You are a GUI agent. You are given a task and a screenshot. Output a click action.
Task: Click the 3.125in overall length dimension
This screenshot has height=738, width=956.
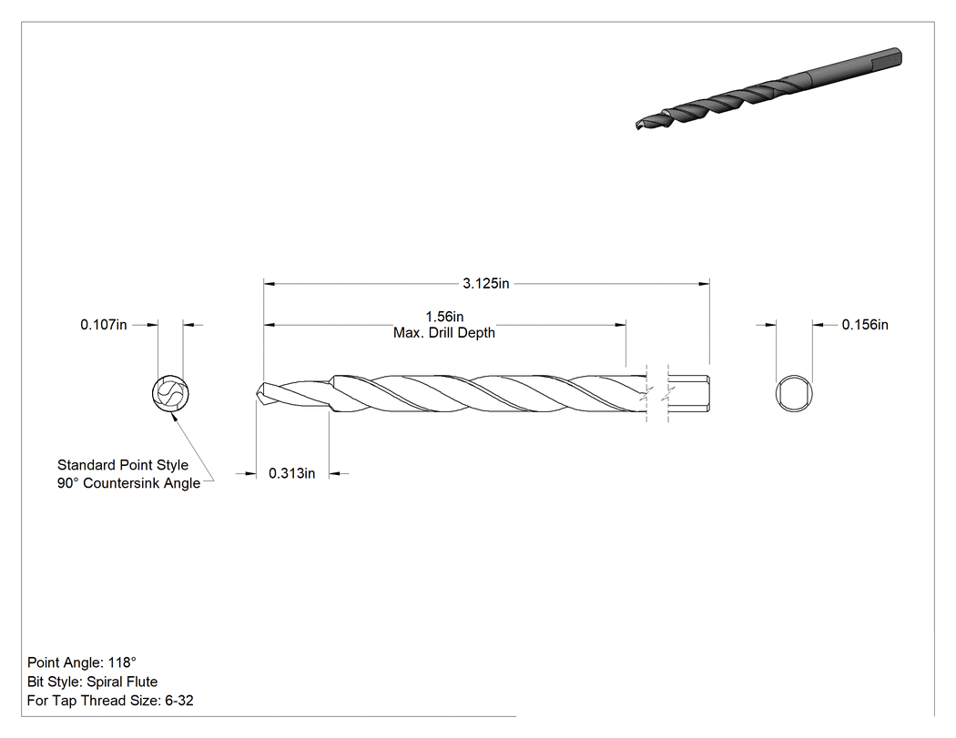click(x=485, y=283)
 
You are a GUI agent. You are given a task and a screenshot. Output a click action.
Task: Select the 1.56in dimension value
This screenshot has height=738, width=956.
click(x=444, y=317)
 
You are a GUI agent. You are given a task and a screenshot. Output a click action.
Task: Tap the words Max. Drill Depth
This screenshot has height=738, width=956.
click(x=444, y=333)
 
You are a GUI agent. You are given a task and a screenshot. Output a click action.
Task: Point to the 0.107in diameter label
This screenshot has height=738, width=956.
click(x=104, y=325)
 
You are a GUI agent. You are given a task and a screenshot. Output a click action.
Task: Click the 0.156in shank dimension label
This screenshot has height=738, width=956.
click(x=865, y=325)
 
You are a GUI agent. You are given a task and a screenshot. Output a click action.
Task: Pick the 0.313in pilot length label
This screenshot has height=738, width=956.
click(x=292, y=473)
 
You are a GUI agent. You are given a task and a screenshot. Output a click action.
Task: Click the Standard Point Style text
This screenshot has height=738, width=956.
click(x=123, y=465)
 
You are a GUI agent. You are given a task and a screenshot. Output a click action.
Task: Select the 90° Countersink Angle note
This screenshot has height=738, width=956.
click(x=128, y=483)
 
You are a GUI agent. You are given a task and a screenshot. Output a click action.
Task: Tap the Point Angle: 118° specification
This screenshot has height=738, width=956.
click(x=82, y=662)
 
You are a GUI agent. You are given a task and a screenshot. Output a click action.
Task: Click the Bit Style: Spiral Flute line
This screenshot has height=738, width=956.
click(x=92, y=682)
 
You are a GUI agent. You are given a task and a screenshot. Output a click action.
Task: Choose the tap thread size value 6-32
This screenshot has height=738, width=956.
click(x=179, y=701)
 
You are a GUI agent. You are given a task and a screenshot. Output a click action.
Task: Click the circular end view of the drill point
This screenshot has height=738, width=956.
click(x=170, y=393)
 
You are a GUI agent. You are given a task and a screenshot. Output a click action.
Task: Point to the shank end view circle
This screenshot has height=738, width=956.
click(x=795, y=394)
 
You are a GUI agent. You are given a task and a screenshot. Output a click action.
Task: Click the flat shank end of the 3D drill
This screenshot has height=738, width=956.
click(x=896, y=57)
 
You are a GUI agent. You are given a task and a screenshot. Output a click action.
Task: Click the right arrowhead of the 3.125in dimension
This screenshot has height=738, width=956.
click(x=704, y=283)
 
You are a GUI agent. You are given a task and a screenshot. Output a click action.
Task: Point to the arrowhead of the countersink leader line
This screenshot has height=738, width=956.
click(x=173, y=415)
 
